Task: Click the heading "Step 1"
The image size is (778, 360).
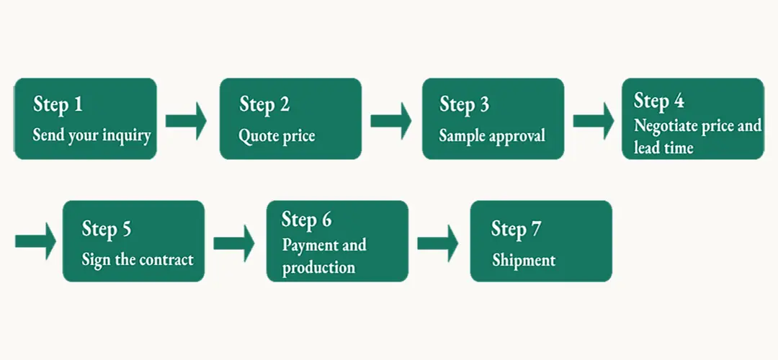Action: pos(58,105)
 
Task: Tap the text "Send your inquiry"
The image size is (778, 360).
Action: pos(91,135)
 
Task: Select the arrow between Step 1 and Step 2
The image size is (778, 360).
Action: pos(186,121)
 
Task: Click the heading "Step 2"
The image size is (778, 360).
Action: pos(264,105)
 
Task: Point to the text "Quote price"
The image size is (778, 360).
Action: pos(277,136)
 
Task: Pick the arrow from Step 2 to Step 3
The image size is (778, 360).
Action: pos(391,121)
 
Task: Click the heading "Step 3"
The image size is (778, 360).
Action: pos(465,105)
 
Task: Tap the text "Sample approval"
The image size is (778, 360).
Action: pos(492,136)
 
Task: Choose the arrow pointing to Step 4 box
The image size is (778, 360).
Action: pos(594,121)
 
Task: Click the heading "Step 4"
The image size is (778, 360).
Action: pos(659,101)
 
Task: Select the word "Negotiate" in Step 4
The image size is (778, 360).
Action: pos(665,127)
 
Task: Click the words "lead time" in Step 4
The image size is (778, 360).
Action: pos(663,148)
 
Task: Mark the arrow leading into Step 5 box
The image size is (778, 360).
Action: pos(36,241)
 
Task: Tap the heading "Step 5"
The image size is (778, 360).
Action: pos(107,229)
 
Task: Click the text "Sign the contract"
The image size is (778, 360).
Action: pos(138,259)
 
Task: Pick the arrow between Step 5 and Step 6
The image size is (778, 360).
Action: pos(234,243)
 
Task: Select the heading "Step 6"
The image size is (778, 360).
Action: pos(307,220)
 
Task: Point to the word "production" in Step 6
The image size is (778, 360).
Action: pos(318,269)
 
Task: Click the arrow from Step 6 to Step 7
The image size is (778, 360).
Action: pos(438,243)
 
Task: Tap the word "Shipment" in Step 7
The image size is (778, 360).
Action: pos(524,261)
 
